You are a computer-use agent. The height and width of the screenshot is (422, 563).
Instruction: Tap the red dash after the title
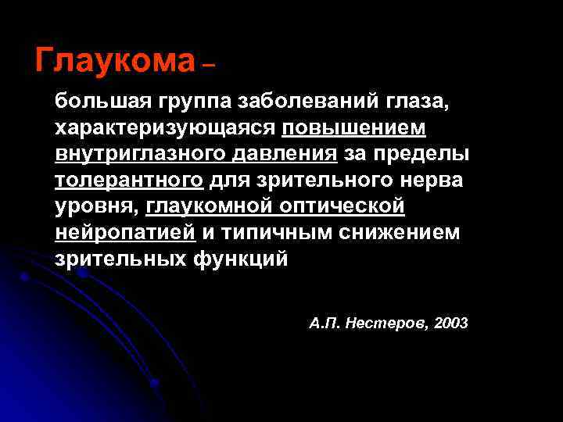[x=207, y=68]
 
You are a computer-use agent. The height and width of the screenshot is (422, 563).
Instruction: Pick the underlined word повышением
[x=354, y=127]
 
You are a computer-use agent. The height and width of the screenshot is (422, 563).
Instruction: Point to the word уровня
[x=99, y=207]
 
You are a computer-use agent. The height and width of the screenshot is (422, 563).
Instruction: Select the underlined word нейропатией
[x=124, y=233]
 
